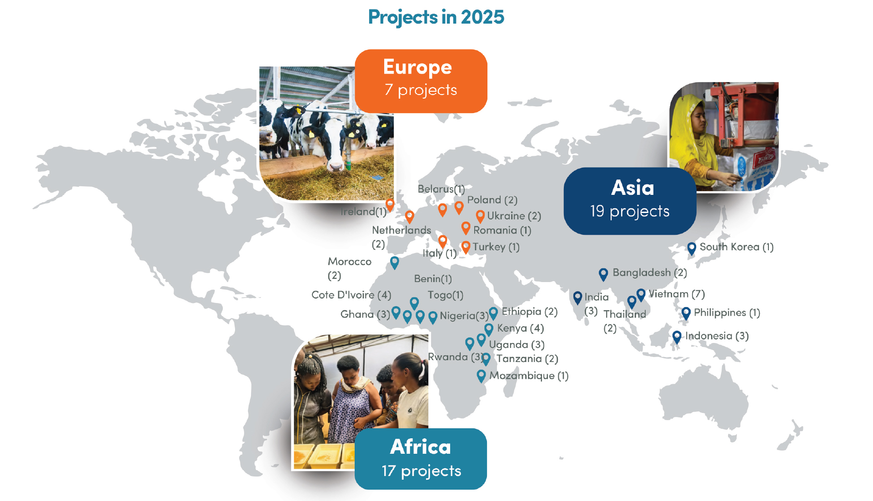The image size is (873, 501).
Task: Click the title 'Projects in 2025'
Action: (x=436, y=17)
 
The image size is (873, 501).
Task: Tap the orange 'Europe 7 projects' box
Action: (x=421, y=81)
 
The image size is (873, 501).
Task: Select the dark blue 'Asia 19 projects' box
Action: (x=630, y=201)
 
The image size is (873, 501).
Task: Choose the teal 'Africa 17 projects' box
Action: (x=421, y=459)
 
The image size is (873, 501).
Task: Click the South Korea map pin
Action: (x=692, y=248)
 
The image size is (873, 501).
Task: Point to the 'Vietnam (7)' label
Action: (x=677, y=294)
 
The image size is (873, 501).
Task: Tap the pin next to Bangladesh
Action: (x=603, y=274)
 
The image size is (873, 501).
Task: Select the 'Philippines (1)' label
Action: (x=727, y=313)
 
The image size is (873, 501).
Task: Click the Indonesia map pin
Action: (x=677, y=337)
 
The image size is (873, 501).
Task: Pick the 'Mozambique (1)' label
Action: (x=529, y=376)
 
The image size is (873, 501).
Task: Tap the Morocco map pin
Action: (x=395, y=263)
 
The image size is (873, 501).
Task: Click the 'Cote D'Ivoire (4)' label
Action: (x=351, y=295)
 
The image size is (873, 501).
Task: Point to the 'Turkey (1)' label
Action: (x=496, y=247)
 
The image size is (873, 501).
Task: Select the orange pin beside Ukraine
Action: (x=480, y=216)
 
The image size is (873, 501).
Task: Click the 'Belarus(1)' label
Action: (x=441, y=189)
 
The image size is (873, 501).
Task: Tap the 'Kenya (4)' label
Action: (x=521, y=328)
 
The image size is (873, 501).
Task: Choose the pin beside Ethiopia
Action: (x=493, y=313)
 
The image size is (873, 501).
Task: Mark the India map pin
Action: (x=577, y=298)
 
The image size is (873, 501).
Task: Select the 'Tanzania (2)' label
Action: (x=527, y=358)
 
